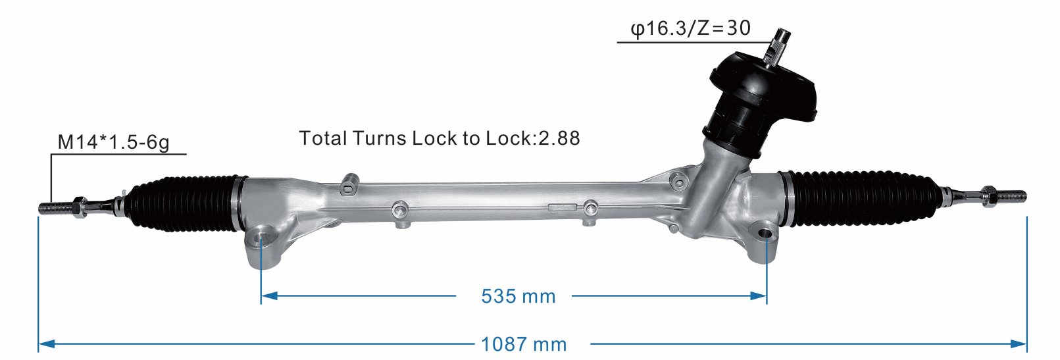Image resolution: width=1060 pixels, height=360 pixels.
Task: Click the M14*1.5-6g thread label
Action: (113, 141)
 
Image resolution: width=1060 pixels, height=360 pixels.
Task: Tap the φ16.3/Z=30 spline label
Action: (690, 28)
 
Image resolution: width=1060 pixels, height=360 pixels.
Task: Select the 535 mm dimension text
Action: (518, 296)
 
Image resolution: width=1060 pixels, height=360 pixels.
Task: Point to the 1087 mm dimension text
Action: (523, 344)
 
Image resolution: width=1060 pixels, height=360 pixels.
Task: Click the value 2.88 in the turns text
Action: (559, 138)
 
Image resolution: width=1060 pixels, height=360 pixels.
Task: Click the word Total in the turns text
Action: (322, 138)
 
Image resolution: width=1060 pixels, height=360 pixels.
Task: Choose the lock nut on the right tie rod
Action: (987, 195)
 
